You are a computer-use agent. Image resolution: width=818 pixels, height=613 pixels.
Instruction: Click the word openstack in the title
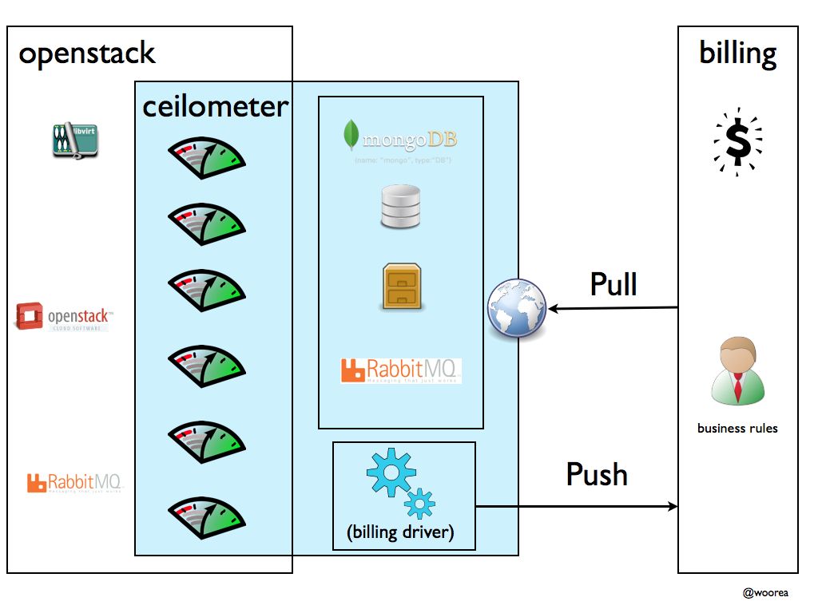coord(86,54)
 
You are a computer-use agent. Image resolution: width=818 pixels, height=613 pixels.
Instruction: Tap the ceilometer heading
coord(215,107)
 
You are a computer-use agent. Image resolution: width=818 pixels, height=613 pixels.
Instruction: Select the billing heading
coord(737,53)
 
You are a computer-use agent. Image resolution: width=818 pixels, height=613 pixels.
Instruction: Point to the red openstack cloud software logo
coord(64,317)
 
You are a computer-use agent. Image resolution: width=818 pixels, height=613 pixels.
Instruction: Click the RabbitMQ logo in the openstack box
coord(75,483)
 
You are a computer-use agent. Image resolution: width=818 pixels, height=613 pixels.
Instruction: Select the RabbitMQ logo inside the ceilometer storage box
coord(400,370)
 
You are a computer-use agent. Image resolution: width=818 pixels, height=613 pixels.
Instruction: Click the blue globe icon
coord(518,308)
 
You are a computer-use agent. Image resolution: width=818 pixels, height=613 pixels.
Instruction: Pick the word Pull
coord(613,284)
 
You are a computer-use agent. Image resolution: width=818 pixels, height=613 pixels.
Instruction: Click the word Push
coord(597,474)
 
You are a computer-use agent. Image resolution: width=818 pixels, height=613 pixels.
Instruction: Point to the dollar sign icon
coord(737,140)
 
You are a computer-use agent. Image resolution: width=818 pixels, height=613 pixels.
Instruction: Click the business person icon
coord(737,370)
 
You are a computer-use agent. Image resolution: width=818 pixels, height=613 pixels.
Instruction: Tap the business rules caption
coord(737,429)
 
